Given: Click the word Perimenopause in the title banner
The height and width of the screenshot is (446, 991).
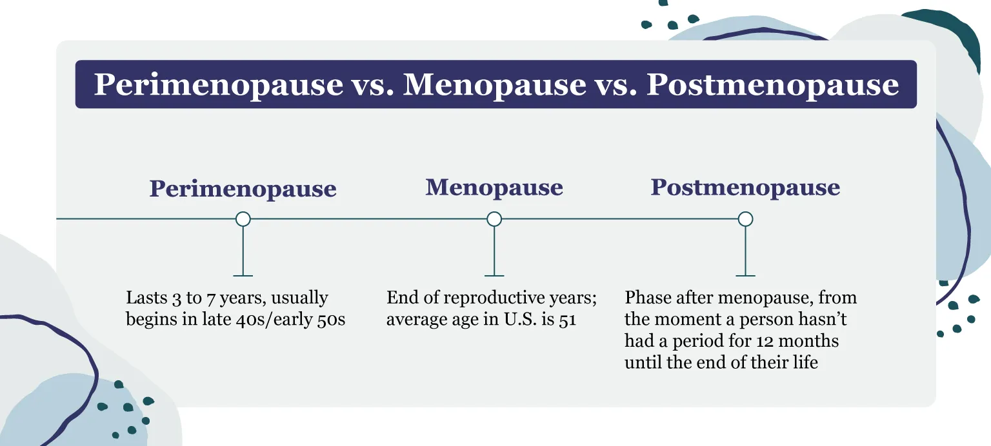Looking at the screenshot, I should (219, 84).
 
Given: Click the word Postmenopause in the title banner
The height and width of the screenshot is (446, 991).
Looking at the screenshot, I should (772, 84).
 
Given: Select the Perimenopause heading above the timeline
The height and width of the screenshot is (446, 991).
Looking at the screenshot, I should (243, 189).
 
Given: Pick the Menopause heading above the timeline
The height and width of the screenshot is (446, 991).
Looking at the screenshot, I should (494, 188).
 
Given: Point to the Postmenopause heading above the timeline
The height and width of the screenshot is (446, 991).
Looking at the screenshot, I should (745, 188).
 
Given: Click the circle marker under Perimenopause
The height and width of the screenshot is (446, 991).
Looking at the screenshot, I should (243, 219).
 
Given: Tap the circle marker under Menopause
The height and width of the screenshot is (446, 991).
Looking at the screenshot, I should (494, 219).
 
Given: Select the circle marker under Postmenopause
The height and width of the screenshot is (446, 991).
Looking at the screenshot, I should (745, 219).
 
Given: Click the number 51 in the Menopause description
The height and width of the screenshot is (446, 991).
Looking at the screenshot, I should (567, 320).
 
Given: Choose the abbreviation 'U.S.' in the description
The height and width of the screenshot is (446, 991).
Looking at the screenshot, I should (527, 320).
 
